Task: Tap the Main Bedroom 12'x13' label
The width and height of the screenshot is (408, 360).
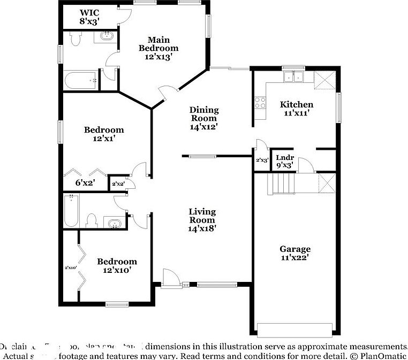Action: (x=158, y=48)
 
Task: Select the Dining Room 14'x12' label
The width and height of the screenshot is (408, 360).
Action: (x=204, y=118)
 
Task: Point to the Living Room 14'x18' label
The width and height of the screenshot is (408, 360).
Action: (x=202, y=220)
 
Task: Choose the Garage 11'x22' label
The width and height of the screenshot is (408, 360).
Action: (x=295, y=253)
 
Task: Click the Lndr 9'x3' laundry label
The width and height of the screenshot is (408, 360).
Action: (x=284, y=161)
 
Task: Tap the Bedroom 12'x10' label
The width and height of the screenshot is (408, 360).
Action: (x=117, y=266)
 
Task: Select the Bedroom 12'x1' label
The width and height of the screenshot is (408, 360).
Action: (x=104, y=134)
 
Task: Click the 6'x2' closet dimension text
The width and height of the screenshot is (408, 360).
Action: (x=85, y=182)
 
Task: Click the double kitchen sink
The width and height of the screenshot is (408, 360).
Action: (x=293, y=77)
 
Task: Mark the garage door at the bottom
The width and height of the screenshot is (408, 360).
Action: (x=294, y=328)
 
